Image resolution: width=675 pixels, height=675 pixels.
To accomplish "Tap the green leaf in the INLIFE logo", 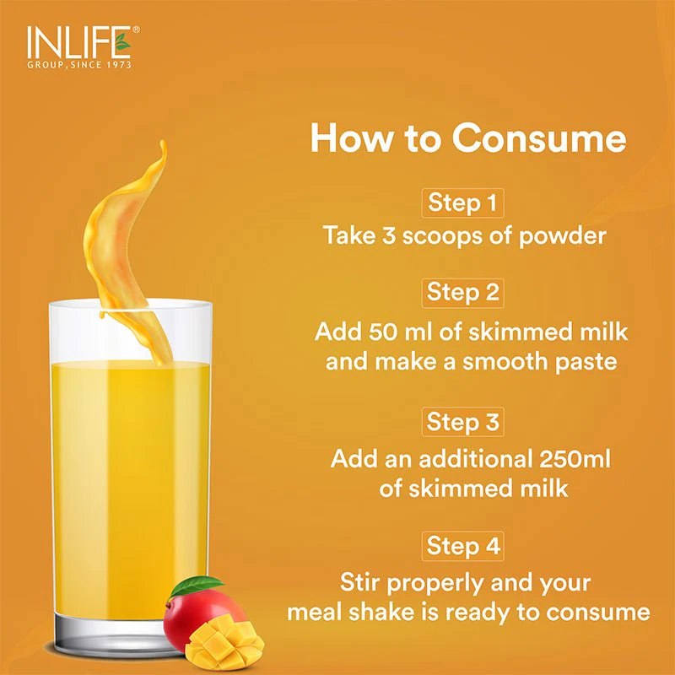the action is (122, 41).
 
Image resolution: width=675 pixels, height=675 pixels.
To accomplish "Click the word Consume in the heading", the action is (538, 138).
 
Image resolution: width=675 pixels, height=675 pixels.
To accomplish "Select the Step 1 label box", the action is (462, 203).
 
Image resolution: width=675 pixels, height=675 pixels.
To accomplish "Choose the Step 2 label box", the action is (462, 293).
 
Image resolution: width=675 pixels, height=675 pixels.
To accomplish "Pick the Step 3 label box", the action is (462, 422).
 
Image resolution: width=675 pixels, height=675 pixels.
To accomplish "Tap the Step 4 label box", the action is (462, 546).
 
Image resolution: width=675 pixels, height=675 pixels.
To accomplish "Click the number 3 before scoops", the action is (389, 235).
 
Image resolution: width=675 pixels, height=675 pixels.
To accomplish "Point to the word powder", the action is (562, 237).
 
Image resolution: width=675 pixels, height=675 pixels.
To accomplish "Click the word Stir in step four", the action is (358, 582).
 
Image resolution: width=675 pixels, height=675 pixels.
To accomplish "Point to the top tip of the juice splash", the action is (162, 141).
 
